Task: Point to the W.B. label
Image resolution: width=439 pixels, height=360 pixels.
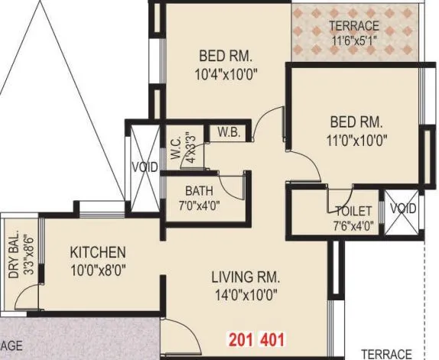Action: tap(229, 132)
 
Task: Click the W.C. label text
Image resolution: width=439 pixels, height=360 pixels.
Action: tap(175, 150)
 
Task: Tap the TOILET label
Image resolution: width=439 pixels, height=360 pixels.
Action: tap(353, 211)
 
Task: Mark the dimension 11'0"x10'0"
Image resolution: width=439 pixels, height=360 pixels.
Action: tap(356, 140)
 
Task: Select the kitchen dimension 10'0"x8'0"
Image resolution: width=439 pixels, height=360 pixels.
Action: tap(98, 269)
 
